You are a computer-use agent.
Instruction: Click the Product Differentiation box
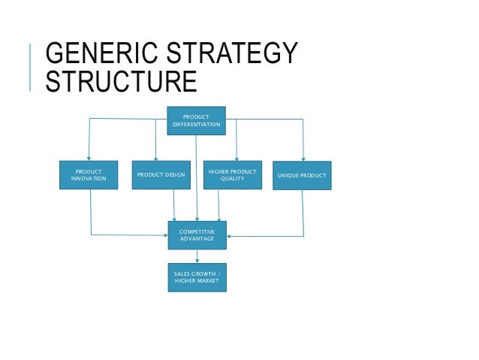pos(196,120)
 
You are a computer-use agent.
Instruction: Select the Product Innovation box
pos(89,175)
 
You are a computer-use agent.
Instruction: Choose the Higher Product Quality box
pos(233,175)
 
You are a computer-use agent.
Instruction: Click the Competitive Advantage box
pos(196,235)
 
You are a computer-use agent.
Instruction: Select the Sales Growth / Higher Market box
pos(196,277)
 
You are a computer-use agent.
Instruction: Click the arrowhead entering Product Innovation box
pos(89,158)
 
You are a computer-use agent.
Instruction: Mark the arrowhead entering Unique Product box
pos(303,158)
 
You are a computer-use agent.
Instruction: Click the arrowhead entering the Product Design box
pos(155,158)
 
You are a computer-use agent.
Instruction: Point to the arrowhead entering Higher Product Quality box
pos(236,158)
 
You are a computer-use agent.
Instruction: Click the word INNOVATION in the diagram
pos(89,179)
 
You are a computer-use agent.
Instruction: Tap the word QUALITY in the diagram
pos(232,179)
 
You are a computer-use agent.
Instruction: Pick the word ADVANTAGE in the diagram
pos(196,239)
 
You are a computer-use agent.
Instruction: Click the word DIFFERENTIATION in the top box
pos(196,125)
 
